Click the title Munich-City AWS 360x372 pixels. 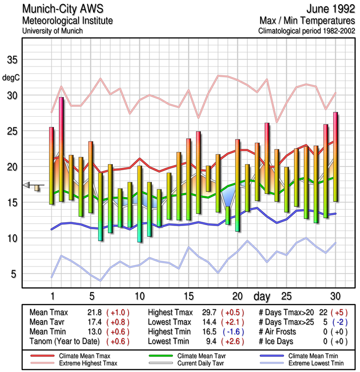61,9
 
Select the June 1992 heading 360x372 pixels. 327,9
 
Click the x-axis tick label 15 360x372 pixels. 189,297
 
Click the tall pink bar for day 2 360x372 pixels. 61,149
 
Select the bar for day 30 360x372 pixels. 335,156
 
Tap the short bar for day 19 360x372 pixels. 228,215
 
